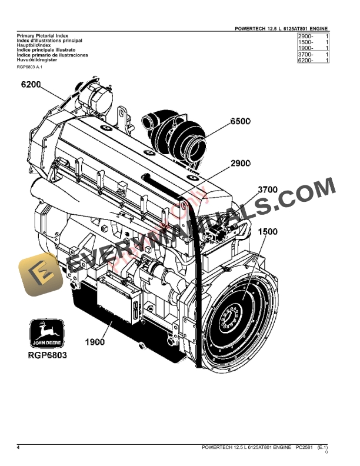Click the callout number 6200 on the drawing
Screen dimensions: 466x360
[31, 85]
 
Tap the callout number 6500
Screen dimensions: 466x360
[240, 122]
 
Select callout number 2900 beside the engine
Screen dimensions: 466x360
[241, 163]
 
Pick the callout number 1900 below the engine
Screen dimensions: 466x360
[95, 341]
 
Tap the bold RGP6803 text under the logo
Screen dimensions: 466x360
[47, 355]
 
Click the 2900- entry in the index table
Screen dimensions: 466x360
[306, 37]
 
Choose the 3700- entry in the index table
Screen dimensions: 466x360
[306, 55]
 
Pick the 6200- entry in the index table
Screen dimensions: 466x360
[306, 61]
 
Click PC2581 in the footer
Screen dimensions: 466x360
[306, 448]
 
